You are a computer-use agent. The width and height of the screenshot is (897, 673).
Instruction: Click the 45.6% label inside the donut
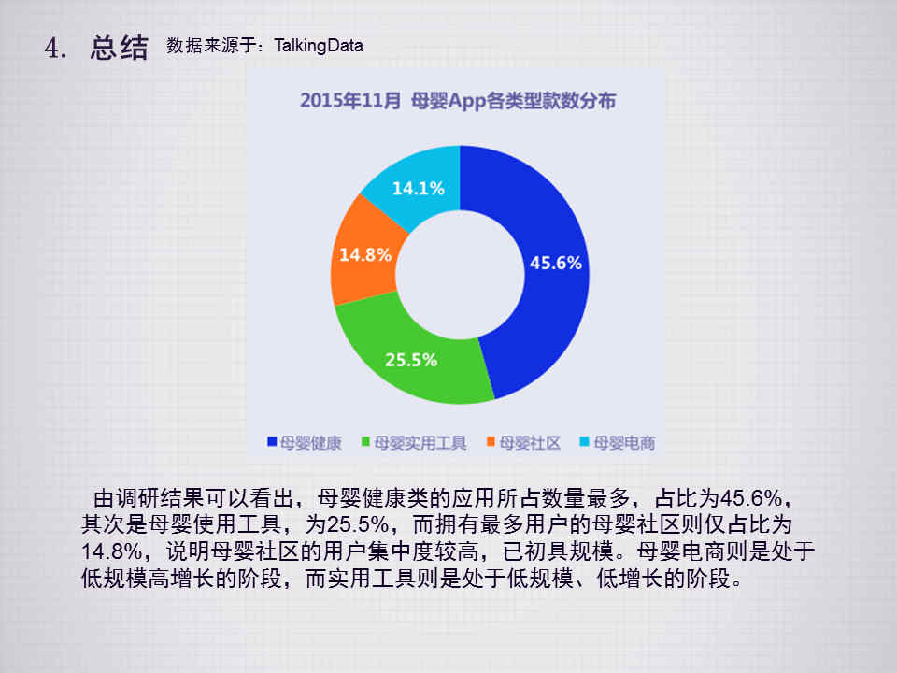(x=555, y=263)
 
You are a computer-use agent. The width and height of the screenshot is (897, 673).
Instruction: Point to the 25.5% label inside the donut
(x=411, y=360)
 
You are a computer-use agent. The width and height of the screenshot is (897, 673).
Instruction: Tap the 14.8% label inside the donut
(x=365, y=254)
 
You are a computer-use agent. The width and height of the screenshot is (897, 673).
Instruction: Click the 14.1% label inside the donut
(x=419, y=188)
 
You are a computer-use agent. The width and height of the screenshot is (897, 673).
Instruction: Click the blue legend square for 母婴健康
(x=272, y=441)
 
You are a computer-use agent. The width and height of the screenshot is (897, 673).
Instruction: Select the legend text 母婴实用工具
(x=420, y=442)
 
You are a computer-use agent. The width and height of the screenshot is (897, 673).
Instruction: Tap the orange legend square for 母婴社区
(x=491, y=441)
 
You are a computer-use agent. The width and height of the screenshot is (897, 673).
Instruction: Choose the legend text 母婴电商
(x=624, y=442)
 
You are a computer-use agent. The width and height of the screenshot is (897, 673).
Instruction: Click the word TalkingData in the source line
(x=318, y=45)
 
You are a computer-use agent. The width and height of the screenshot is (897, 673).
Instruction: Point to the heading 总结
(x=119, y=47)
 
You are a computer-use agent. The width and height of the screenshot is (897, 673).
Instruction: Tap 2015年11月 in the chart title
(x=350, y=101)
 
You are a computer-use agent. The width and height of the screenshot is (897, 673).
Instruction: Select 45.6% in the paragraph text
(x=750, y=498)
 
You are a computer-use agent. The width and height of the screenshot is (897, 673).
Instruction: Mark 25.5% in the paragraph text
(x=358, y=524)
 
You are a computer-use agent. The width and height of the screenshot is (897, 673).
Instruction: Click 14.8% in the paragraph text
(x=111, y=551)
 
